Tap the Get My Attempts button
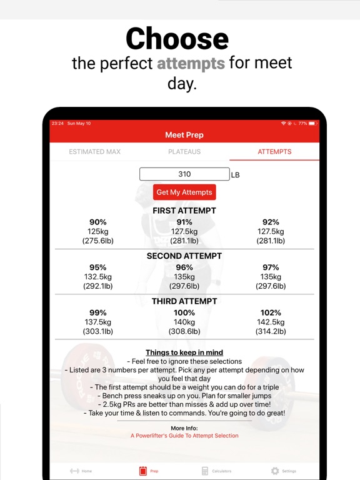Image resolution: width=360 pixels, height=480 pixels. coord(184,192)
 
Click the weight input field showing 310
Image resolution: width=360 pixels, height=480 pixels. coord(184,174)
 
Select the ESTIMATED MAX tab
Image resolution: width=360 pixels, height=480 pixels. coord(94,152)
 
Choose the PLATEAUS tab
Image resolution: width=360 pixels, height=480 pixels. coord(184,152)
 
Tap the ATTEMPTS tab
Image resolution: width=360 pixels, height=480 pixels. coord(274,152)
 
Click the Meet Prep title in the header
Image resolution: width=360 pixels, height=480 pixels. coord(184,135)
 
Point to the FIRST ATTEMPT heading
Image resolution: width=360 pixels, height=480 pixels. coord(184,211)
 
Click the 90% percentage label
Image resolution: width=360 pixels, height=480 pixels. coord(98,222)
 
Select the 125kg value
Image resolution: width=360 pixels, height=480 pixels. coord(98,231)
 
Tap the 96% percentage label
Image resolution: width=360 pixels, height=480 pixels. coord(184,267)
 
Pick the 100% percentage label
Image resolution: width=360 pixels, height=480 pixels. coord(184,312)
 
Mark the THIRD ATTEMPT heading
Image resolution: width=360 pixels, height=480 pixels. coord(184,301)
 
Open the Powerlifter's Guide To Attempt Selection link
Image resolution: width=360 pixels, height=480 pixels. coord(184,436)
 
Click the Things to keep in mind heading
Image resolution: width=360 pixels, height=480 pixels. coord(184,352)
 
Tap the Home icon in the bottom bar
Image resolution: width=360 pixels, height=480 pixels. coord(74,471)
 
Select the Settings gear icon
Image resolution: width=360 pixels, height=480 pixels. coord(275,471)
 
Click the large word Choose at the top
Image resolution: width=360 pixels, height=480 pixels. coord(177,39)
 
